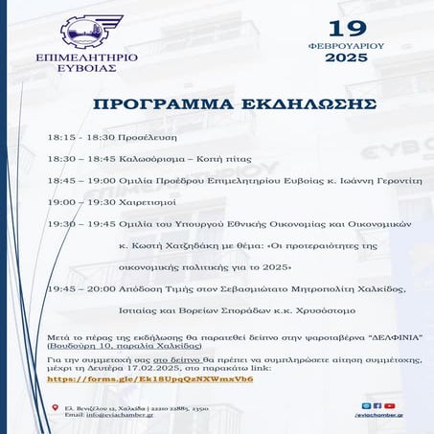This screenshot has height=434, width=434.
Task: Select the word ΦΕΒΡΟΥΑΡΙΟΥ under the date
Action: click(346, 44)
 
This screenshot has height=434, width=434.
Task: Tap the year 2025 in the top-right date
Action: click(346, 58)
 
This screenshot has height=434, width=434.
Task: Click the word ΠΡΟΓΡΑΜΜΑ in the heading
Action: click(148, 104)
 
